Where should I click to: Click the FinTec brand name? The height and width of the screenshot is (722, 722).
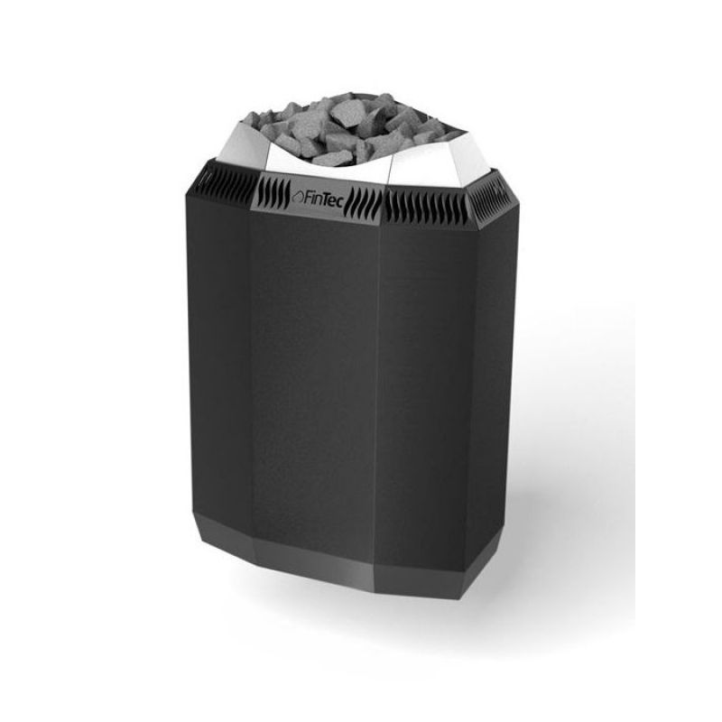(322, 197)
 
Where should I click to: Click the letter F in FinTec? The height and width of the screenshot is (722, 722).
(307, 196)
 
